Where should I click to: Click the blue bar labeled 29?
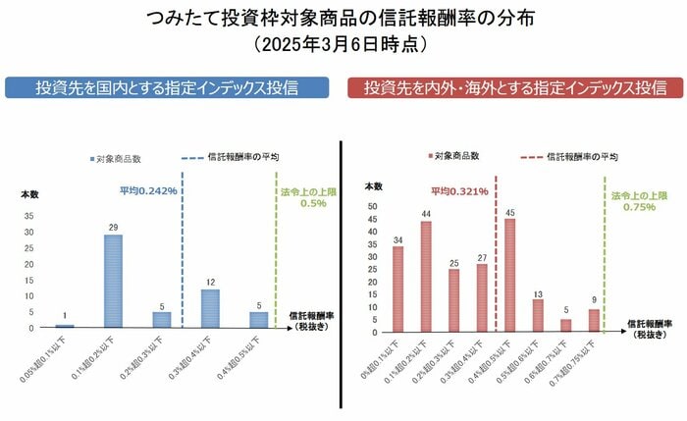pyautogui.click(x=114, y=281)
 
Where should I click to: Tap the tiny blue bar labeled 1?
pyautogui.click(x=65, y=325)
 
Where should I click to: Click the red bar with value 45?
pyautogui.click(x=509, y=274)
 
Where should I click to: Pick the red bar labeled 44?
pyautogui.click(x=426, y=275)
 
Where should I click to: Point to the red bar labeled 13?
pyautogui.click(x=538, y=313)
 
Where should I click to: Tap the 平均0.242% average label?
pyautogui.click(x=148, y=190)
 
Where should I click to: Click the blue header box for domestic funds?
pyautogui.click(x=166, y=87)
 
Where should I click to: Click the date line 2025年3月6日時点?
pyautogui.click(x=343, y=45)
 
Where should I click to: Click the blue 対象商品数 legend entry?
pyautogui.click(x=122, y=157)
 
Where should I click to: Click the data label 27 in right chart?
pyautogui.click(x=482, y=257)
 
